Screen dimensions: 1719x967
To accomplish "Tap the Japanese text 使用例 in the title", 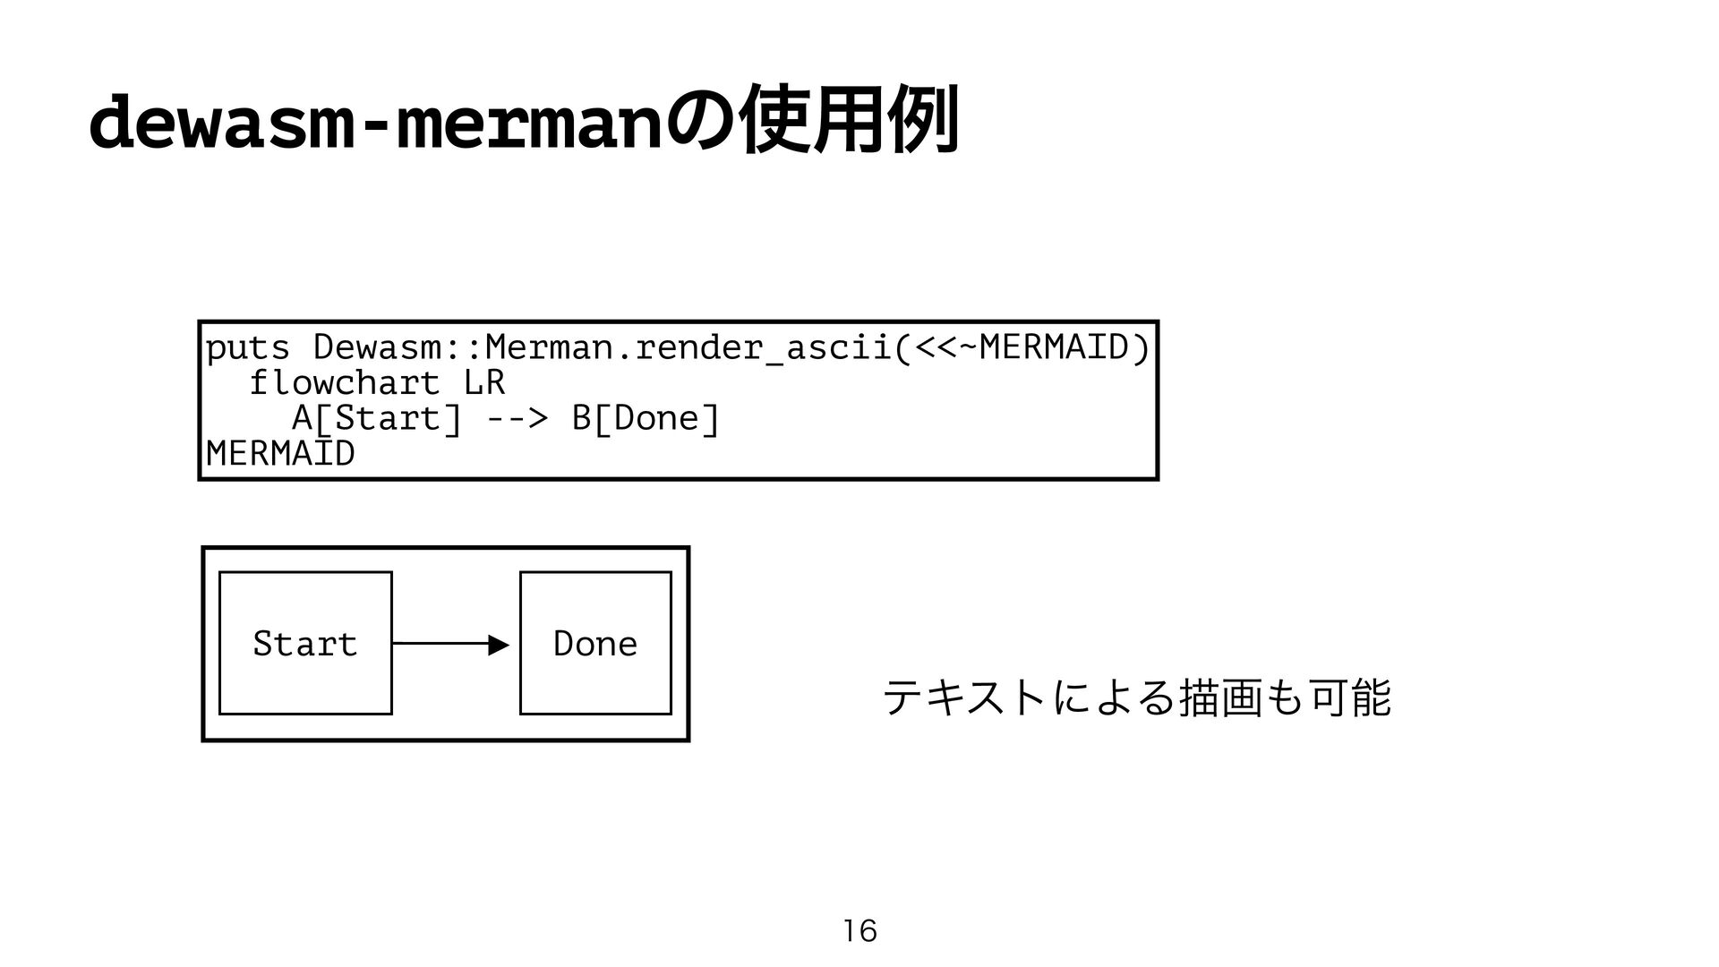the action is tap(850, 120).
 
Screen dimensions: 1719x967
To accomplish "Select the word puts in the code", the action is tap(248, 348).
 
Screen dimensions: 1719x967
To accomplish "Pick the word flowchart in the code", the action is tap(345, 383).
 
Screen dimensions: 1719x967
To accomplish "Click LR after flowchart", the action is tap(484, 383).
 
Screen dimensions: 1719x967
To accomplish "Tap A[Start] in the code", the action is tap(377, 418).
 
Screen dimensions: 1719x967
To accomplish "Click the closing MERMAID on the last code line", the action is tap(280, 454).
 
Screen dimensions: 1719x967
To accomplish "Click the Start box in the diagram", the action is tap(305, 643).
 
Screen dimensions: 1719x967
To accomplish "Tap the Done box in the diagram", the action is tap(595, 643).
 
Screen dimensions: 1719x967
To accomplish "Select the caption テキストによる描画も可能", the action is tap(1137, 697).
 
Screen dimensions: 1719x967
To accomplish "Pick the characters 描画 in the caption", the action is tap(1219, 697).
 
